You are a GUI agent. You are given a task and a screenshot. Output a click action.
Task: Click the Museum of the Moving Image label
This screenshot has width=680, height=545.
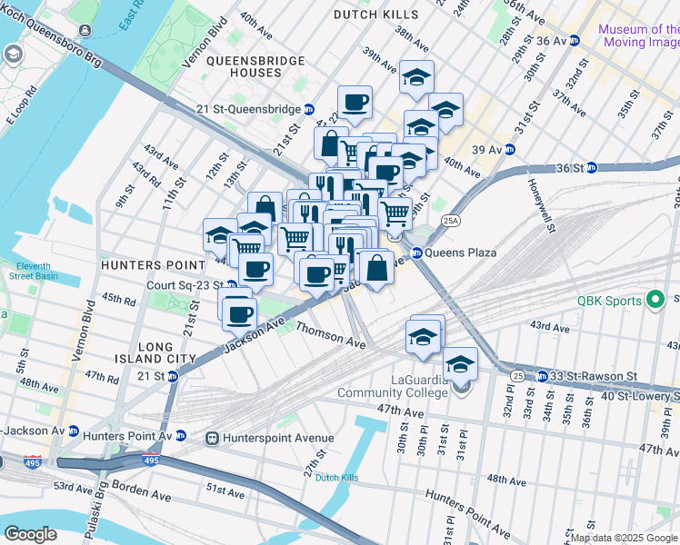638,35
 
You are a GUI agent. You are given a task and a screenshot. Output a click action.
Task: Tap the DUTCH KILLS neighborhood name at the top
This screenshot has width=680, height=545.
376,15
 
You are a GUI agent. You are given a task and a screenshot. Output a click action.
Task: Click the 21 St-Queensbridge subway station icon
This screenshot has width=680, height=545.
310,109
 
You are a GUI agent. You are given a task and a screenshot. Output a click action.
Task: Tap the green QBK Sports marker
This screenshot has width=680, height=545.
654,302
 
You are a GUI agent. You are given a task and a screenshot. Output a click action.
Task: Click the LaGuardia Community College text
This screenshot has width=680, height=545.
393,386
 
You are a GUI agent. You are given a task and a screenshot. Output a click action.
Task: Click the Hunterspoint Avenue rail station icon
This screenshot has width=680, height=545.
213,439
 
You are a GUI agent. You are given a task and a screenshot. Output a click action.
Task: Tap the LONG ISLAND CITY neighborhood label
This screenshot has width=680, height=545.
165,353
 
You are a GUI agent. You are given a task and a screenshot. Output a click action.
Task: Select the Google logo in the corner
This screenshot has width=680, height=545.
30,534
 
